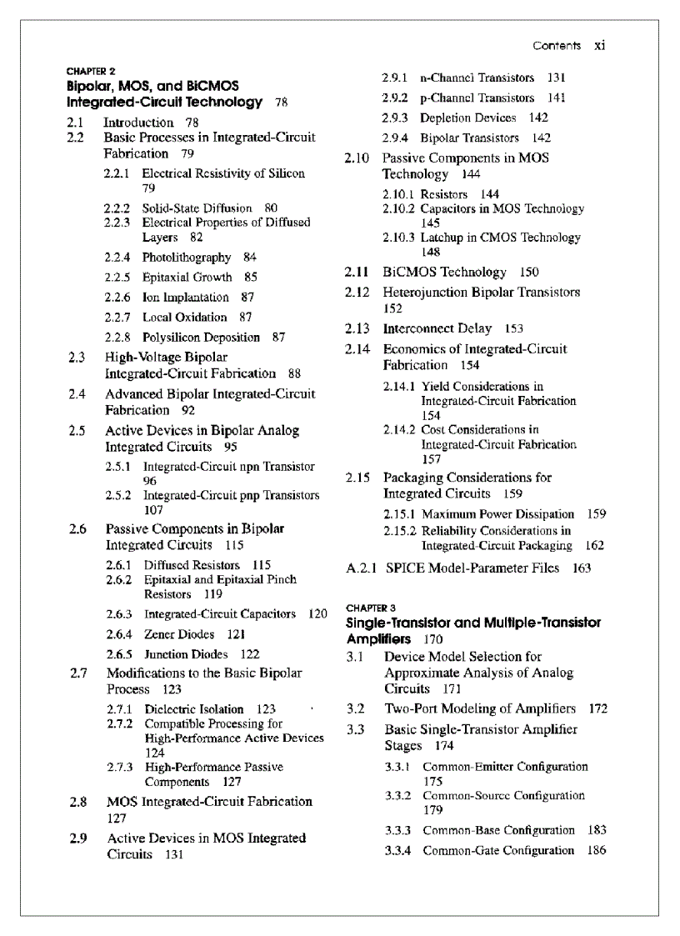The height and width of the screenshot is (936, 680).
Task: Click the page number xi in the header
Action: coord(599,45)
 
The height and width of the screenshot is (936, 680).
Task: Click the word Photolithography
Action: coord(187,258)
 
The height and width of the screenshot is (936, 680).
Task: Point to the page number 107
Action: coord(153,510)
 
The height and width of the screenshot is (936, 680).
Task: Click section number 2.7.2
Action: coord(120,723)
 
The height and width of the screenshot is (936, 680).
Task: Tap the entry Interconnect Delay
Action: coord(437,328)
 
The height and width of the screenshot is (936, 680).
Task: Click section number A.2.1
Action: coord(362,568)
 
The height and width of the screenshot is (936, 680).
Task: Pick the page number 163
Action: coord(582,568)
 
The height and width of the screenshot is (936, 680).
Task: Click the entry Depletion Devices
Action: coord(467,118)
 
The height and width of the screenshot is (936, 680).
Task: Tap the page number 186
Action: coord(597,851)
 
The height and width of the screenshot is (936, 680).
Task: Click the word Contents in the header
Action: coord(557,45)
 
